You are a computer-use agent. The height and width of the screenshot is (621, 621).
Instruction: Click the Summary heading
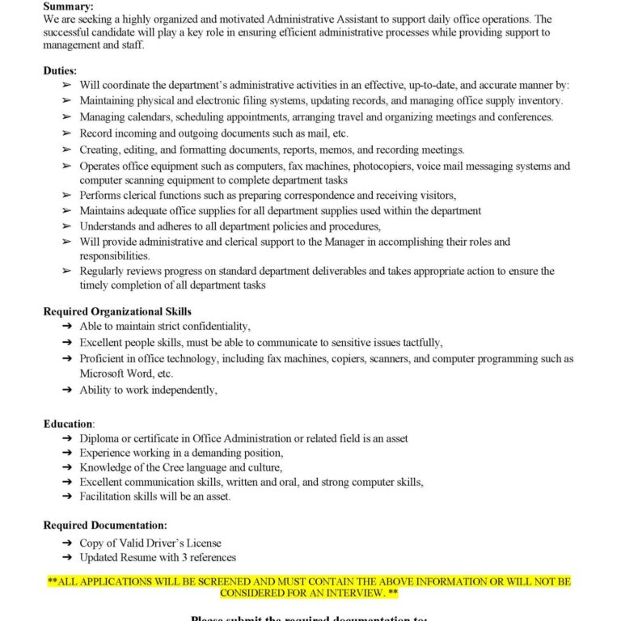69,6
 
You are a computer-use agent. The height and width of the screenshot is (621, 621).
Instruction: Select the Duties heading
60,71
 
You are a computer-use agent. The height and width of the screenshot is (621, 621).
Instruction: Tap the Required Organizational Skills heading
117,311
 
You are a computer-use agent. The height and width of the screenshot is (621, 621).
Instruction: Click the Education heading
69,424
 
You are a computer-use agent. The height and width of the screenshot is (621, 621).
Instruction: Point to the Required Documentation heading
105,526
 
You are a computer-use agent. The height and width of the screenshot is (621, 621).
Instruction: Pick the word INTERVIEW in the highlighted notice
340,593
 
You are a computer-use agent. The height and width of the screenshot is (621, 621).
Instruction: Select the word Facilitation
108,496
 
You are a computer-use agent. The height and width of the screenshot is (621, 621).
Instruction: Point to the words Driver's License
185,543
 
